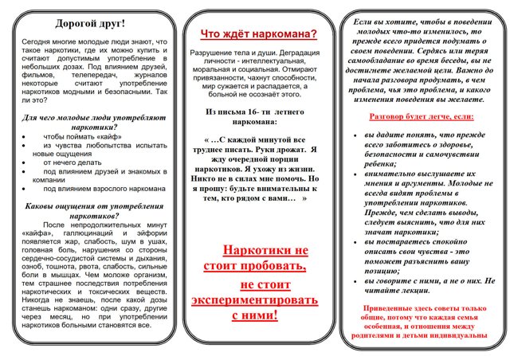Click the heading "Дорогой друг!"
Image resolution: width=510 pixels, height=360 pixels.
89,23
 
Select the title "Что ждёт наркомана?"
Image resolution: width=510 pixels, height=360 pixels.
257,33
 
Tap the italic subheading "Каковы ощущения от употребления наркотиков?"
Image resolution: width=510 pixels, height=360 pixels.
89,210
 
